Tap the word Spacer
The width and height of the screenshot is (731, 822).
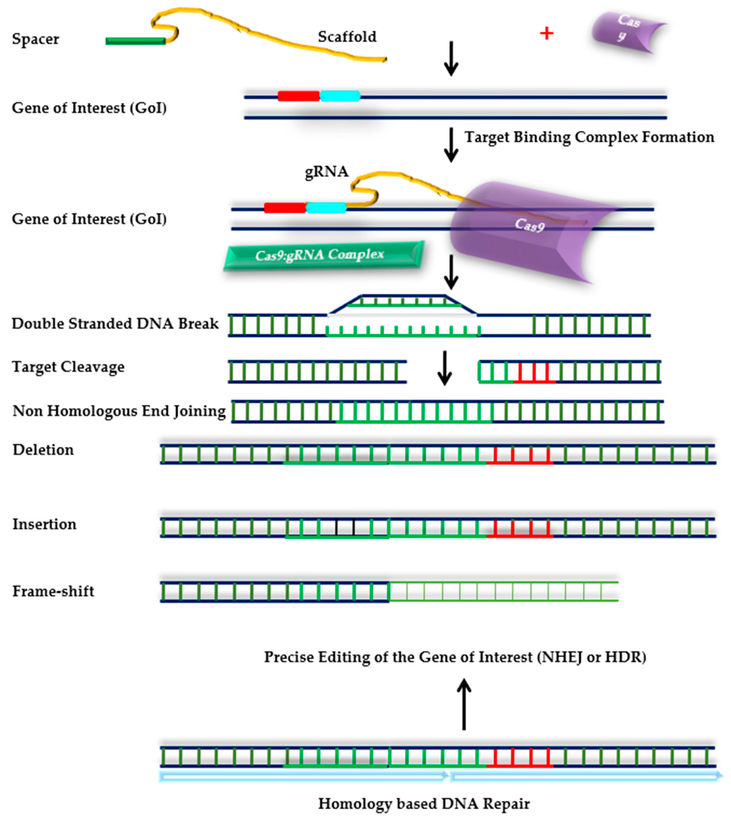point(35,39)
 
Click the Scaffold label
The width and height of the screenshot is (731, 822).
point(347,37)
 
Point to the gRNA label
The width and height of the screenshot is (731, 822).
point(326,172)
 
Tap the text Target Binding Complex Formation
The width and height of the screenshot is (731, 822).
point(589,137)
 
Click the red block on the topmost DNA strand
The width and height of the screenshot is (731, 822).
point(298,96)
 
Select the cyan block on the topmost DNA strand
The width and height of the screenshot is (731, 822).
point(340,96)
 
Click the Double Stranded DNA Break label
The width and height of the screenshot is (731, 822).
point(115,324)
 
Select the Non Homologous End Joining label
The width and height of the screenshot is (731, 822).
point(119,411)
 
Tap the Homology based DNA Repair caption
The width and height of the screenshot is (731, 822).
point(424,804)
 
